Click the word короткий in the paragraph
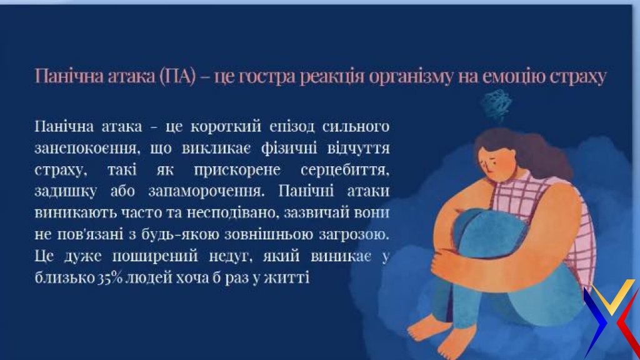pyautogui.click(x=226, y=126)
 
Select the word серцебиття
pyautogui.click(x=345, y=170)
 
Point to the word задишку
pyautogui.click(x=66, y=191)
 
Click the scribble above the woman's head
pyautogui.click(x=496, y=105)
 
